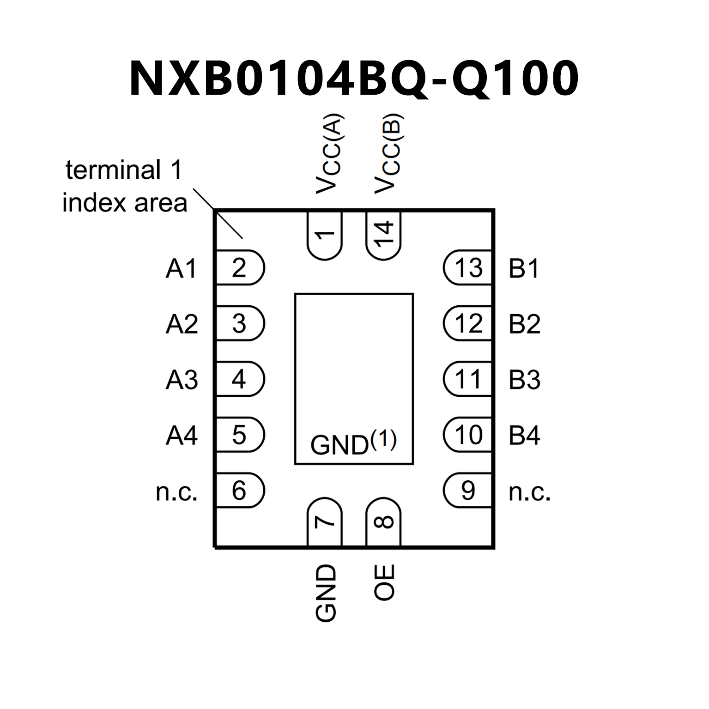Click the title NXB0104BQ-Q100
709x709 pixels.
click(x=354, y=79)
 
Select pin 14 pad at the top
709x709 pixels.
click(x=383, y=235)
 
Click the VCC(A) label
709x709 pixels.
click(x=329, y=154)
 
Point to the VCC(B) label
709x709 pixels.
click(x=388, y=154)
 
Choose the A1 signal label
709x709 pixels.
click(x=182, y=268)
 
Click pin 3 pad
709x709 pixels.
click(x=240, y=323)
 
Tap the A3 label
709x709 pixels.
click(x=182, y=380)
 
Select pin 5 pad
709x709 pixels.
click(x=240, y=435)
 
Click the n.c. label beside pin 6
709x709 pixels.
click(x=177, y=491)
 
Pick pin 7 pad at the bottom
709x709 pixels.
click(x=325, y=522)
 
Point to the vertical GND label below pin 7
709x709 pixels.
click(x=326, y=593)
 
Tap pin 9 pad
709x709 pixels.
click(x=467, y=491)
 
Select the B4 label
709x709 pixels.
click(x=524, y=436)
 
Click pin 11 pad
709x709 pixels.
click(x=467, y=379)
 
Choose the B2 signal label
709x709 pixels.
click(x=524, y=324)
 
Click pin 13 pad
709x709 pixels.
click(x=467, y=268)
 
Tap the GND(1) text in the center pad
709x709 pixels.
click(x=353, y=443)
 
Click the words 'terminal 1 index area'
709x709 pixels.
click(x=125, y=186)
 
